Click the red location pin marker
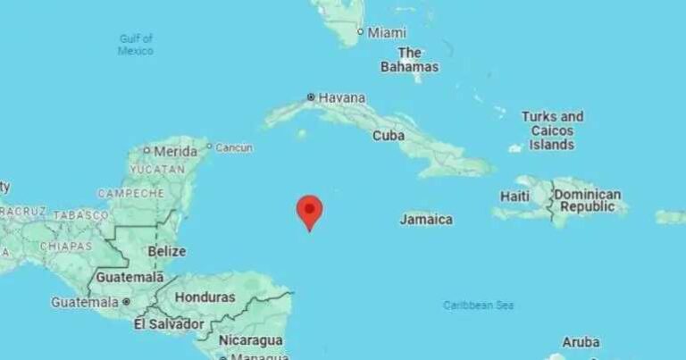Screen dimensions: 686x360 (x=309, y=211)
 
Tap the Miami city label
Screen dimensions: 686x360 (x=387, y=32)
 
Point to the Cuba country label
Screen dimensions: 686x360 (x=389, y=136)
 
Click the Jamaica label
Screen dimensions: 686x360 (x=426, y=219)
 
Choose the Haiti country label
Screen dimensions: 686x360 (x=515, y=196)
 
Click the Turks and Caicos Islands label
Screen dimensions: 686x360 (x=552, y=130)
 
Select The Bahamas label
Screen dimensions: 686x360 (x=409, y=60)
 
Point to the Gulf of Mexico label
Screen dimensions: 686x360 (x=136, y=45)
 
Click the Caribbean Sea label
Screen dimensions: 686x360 (x=479, y=306)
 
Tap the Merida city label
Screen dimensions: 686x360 (x=175, y=151)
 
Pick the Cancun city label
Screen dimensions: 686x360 (x=234, y=147)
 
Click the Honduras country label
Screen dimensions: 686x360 (x=205, y=297)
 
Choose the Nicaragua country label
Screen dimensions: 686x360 (x=254, y=340)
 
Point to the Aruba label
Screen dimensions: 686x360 (x=581, y=342)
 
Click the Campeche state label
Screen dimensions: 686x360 (x=130, y=193)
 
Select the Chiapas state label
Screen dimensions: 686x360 (x=68, y=246)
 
